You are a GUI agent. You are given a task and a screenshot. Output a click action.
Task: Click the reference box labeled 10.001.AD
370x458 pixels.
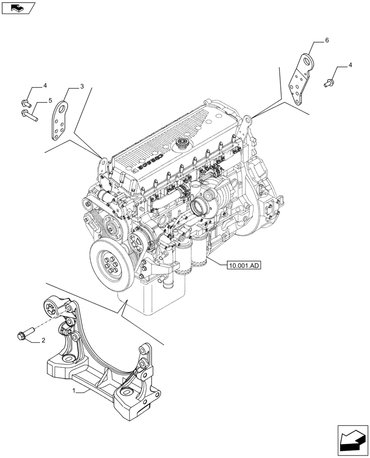click(x=243, y=265)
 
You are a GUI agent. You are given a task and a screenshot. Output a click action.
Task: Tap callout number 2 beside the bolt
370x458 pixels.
click(x=43, y=340)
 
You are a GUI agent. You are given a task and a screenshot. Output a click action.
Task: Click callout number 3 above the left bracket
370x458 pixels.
click(x=82, y=86)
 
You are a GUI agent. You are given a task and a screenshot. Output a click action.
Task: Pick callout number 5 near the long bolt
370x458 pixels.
click(x=50, y=100)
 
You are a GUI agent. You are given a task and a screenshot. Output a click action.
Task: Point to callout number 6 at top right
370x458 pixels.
click(x=327, y=41)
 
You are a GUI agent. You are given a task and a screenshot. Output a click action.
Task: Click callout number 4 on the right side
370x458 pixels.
click(x=350, y=65)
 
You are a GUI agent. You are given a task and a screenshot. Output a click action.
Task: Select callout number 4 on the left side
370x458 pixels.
click(x=45, y=86)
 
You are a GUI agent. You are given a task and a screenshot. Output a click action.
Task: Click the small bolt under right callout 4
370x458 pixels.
click(x=327, y=83)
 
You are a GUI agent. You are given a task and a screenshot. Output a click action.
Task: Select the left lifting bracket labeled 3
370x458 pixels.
click(x=60, y=121)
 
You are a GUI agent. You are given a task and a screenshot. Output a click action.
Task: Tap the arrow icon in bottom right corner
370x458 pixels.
click(x=353, y=440)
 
